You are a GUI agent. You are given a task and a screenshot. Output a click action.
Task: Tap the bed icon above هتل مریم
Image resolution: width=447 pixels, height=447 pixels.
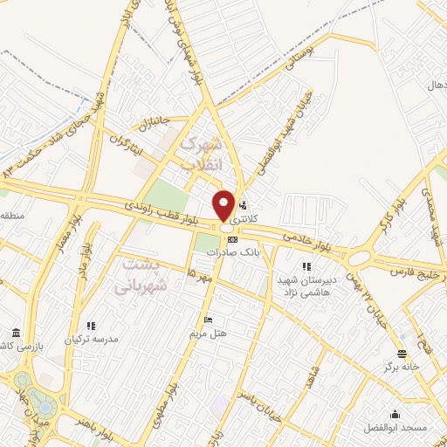[206, 320]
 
